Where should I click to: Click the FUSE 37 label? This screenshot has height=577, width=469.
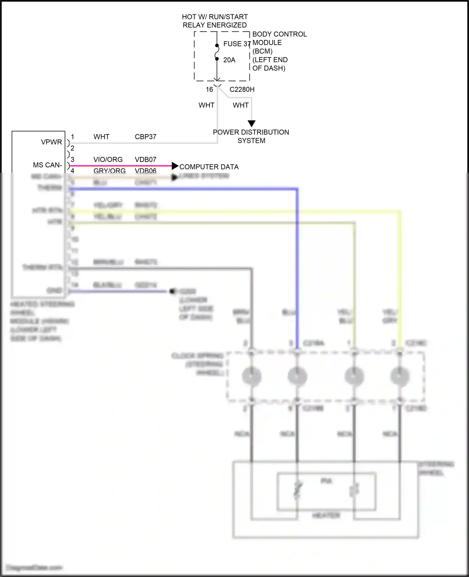(237, 44)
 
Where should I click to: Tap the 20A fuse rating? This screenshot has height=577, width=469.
(229, 60)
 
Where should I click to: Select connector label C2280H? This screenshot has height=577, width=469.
(242, 90)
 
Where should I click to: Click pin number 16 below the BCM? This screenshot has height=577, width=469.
(209, 90)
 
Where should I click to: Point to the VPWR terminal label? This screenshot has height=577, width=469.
(51, 142)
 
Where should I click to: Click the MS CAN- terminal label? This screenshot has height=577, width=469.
(48, 165)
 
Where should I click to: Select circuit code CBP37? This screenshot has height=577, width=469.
(145, 137)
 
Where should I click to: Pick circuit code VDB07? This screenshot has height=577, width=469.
(145, 160)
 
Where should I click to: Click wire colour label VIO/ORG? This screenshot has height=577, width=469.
(108, 160)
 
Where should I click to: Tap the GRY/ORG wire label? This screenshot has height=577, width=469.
(109, 171)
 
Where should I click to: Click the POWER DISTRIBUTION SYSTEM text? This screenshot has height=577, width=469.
(251, 136)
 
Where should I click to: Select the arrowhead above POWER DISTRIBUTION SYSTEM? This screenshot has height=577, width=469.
(251, 124)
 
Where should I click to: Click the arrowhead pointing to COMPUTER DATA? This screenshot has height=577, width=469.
(175, 166)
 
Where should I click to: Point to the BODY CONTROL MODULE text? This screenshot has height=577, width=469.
(279, 38)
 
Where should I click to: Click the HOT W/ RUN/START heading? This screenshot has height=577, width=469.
(215, 17)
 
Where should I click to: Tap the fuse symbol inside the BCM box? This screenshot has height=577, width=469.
(217, 52)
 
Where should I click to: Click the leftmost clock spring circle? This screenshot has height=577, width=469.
(251, 376)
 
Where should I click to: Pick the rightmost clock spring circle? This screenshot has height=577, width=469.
(400, 376)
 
